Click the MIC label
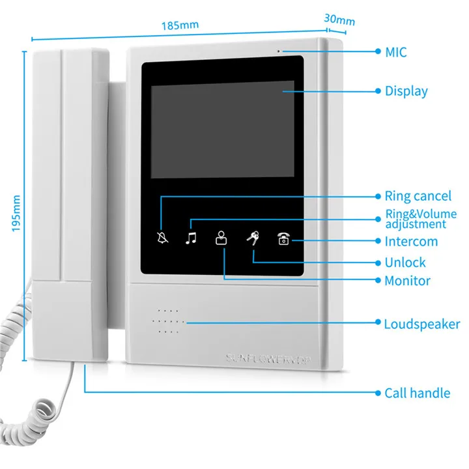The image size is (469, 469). pyautogui.click(x=395, y=51)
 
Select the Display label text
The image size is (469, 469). pyautogui.click(x=406, y=91)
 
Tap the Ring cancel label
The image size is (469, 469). pyautogui.click(x=418, y=196)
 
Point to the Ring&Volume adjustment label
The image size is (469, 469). pyautogui.click(x=420, y=219)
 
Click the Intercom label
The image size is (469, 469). pyautogui.click(x=410, y=242)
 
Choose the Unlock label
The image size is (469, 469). pyautogui.click(x=405, y=263)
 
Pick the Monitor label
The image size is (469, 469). pyautogui.click(x=407, y=281)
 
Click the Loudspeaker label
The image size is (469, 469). pyautogui.click(x=421, y=324)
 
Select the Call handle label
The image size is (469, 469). pyautogui.click(x=417, y=393)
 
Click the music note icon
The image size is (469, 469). pyautogui.click(x=190, y=238)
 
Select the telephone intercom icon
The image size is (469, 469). pyautogui.click(x=283, y=238)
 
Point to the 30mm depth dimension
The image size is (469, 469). pyautogui.click(x=339, y=20)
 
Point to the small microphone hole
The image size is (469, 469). pyautogui.click(x=279, y=51)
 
